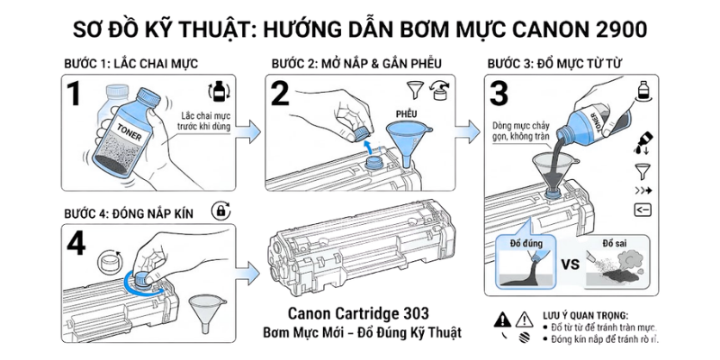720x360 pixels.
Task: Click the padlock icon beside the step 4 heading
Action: tap(218, 211)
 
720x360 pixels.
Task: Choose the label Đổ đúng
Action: tap(525, 245)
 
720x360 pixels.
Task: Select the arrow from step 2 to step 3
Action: tap(465, 131)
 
